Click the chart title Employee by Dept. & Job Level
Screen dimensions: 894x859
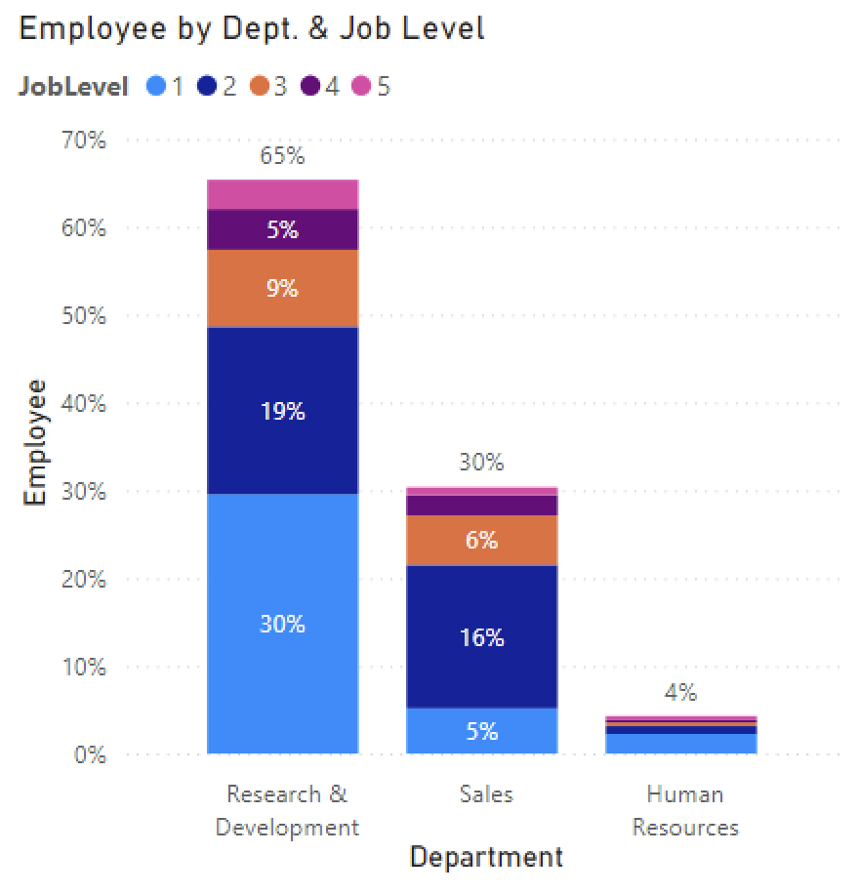point(252,28)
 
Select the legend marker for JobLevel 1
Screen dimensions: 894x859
point(155,87)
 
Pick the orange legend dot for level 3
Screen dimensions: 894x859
point(259,87)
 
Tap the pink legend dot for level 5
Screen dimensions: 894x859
point(361,87)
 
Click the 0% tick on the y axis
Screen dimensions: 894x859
point(90,754)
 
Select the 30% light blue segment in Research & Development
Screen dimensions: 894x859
point(282,625)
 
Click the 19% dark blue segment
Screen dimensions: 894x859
point(282,411)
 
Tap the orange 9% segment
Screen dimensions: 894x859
point(282,289)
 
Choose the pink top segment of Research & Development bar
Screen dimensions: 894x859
point(282,194)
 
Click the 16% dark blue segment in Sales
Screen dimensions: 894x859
point(481,637)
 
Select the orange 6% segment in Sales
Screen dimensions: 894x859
point(481,540)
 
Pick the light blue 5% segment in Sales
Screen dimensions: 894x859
point(481,731)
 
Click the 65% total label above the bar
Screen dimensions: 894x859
point(282,155)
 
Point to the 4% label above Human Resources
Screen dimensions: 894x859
point(680,693)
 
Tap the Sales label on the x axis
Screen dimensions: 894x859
point(486,794)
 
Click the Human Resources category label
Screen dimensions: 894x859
point(685,811)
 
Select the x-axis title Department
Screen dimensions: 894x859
point(486,858)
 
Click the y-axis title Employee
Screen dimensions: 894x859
point(35,441)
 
